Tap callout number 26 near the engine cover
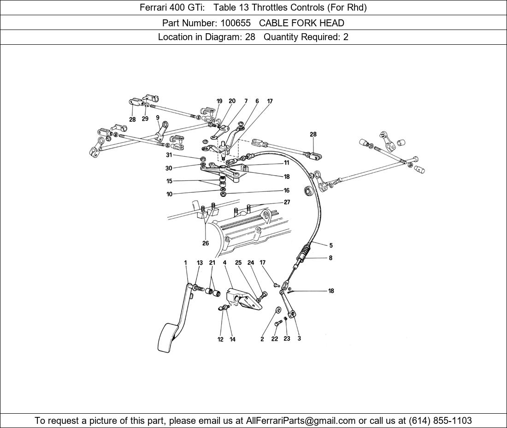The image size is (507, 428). coord(206,243)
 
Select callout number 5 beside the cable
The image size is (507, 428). coord(331,245)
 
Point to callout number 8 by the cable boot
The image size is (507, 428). coord(330,258)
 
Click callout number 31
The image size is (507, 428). coord(169,155)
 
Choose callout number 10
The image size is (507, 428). coord(170,195)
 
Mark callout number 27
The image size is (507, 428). coord(287,202)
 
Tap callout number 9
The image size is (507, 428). coord(158,118)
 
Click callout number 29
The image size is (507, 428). coord(145,119)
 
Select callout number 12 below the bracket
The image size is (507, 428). coord(220,339)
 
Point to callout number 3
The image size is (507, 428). coord(299,339)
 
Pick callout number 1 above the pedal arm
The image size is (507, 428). coord(186,263)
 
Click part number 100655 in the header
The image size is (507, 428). coord(236,23)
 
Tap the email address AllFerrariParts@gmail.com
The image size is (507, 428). coord(301,421)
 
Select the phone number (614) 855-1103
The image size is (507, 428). coord(440,421)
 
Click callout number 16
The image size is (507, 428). coord(287,190)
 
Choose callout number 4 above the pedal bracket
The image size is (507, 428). coord(225,263)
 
